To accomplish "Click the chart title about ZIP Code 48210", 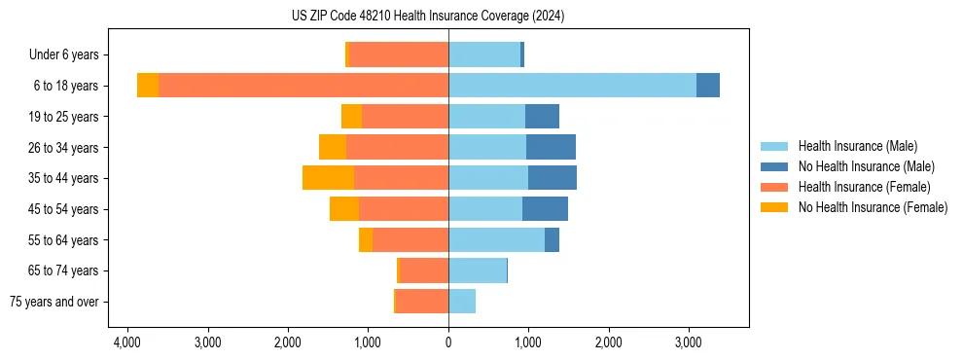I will (x=428, y=17).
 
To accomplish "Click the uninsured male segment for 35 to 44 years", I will (x=553, y=178).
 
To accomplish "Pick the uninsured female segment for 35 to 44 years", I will (x=328, y=178).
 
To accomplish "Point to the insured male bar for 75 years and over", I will (x=462, y=302).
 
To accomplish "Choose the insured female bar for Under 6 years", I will (x=399, y=54).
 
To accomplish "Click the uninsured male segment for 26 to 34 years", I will (x=551, y=147).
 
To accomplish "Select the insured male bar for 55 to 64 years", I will (x=496, y=239).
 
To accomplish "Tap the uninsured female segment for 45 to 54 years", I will (x=344, y=209).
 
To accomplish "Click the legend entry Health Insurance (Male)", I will (x=857, y=146).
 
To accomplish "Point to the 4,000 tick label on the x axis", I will (x=128, y=342).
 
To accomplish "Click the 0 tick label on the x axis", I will (x=448, y=342).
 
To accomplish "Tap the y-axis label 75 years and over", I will (x=54, y=302).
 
